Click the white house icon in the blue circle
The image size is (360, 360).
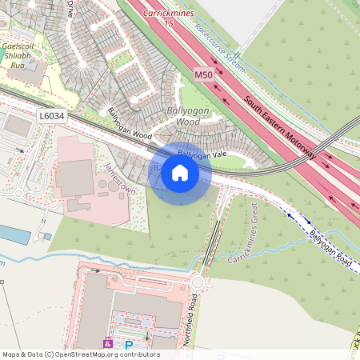[180, 173]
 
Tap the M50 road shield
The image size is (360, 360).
[204, 75]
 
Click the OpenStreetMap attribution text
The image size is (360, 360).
[80, 354]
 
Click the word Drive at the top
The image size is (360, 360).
[70, 9]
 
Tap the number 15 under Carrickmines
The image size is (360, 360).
[169, 25]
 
